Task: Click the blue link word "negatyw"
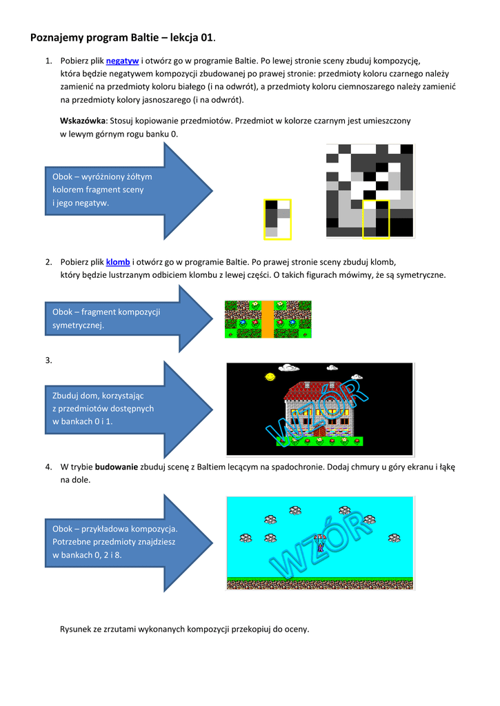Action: pyautogui.click(x=123, y=61)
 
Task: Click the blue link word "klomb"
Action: pyautogui.click(x=118, y=262)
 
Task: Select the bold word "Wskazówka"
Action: pyautogui.click(x=83, y=120)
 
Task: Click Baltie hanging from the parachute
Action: pyautogui.click(x=319, y=545)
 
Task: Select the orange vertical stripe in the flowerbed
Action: pyautogui.click(x=268, y=319)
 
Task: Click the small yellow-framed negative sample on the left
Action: pyautogui.click(x=277, y=219)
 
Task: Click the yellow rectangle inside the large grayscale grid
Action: pyautogui.click(x=376, y=220)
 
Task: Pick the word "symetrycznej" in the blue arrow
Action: pyautogui.click(x=78, y=325)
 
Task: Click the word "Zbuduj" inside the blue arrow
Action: pyautogui.click(x=67, y=396)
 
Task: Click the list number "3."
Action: pyautogui.click(x=49, y=360)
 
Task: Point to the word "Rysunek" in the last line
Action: pyautogui.click(x=76, y=629)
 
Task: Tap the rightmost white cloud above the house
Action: pyautogui.click(x=357, y=376)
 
